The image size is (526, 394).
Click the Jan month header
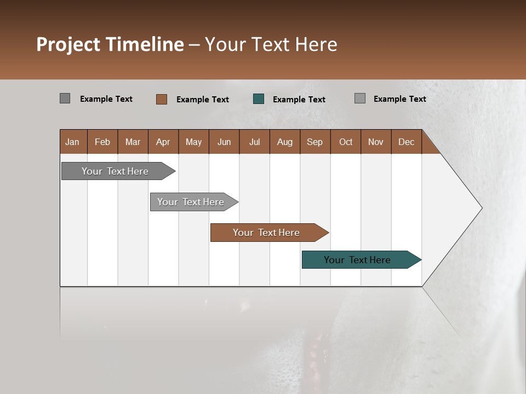point(73,142)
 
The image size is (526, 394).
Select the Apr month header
point(163,142)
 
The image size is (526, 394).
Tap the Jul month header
point(254,142)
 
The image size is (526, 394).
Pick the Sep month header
point(315,142)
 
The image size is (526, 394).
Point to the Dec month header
point(406,142)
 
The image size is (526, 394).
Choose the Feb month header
point(102,142)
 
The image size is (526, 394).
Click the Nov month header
point(376,142)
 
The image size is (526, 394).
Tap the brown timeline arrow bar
point(267,233)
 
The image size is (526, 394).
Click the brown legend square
point(162,99)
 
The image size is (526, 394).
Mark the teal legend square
point(259,99)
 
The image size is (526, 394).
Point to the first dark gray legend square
point(65,99)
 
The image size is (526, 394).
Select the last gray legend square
point(360,99)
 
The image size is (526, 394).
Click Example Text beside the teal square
point(299,99)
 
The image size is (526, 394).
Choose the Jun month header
point(224,142)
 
